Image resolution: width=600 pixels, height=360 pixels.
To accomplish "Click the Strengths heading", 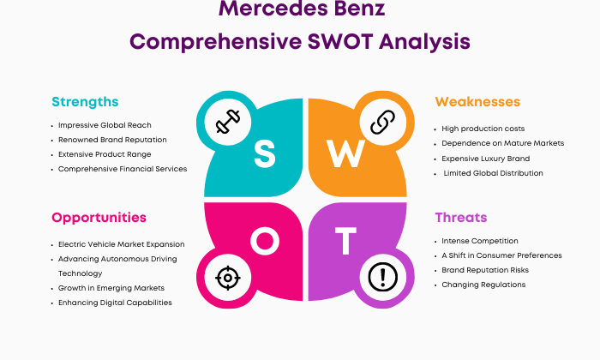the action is point(85,102).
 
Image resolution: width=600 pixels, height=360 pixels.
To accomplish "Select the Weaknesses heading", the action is point(477,102).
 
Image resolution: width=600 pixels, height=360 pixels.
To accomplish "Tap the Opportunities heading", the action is point(99,218).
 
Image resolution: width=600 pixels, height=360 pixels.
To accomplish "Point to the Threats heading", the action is point(461,218).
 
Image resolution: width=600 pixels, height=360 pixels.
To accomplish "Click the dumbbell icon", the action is point(228,122).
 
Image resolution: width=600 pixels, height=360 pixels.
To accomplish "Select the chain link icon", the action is point(382,122).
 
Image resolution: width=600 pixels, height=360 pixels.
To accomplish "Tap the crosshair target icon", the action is point(228,278).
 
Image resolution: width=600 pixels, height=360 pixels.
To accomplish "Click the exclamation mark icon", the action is point(382,277).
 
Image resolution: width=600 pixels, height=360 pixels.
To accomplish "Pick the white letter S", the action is point(264,153).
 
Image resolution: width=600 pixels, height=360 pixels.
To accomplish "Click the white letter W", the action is point(345,153).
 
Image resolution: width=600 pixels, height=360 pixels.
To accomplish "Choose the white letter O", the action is point(265,241).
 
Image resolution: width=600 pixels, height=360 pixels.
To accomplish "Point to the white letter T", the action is point(345,241).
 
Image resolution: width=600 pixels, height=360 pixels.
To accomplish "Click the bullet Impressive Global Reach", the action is point(105,125).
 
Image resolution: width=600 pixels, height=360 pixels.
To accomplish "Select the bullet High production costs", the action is point(483,129).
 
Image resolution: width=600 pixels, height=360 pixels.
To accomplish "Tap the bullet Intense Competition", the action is point(480,241).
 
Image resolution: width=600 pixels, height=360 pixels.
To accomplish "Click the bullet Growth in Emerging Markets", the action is point(111,288).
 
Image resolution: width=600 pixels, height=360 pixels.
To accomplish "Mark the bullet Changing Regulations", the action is point(483,285).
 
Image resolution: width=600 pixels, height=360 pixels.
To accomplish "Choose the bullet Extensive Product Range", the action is point(105,154).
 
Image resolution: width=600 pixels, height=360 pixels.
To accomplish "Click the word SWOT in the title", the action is point(340,41).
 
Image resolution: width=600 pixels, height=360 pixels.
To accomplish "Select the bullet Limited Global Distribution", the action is point(493,173).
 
